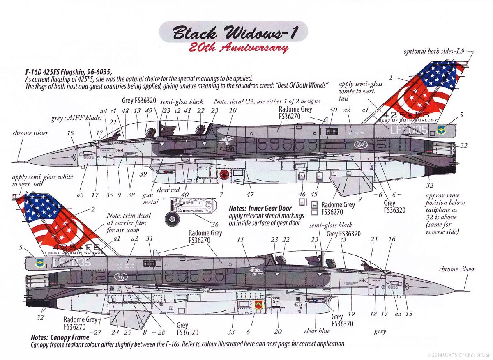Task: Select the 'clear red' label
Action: (x=168, y=190)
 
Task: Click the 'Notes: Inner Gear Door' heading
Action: (x=260, y=209)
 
